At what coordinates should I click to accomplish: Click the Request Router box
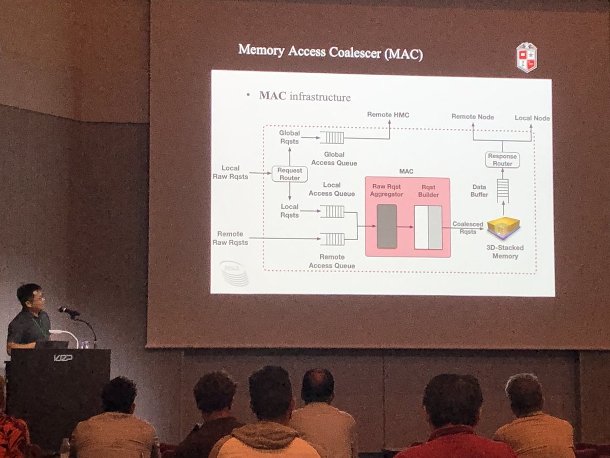click(289, 174)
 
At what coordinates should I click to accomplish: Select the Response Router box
click(502, 160)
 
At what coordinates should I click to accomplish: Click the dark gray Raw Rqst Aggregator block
click(387, 226)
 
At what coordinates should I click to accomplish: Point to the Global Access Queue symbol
click(332, 137)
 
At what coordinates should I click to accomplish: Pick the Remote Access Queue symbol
click(332, 238)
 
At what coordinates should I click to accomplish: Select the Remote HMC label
click(388, 115)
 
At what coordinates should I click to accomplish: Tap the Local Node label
click(532, 118)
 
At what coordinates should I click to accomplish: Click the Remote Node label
click(472, 117)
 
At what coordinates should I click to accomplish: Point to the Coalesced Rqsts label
click(468, 227)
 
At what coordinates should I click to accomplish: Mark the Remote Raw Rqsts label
click(230, 238)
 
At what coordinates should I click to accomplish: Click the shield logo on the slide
click(526, 57)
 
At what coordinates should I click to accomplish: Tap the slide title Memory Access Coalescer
click(330, 52)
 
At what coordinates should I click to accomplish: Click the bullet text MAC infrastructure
click(304, 96)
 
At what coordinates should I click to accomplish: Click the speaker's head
click(29, 297)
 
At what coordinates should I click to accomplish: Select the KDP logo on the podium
click(63, 357)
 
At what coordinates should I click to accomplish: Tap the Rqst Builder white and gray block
click(428, 227)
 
